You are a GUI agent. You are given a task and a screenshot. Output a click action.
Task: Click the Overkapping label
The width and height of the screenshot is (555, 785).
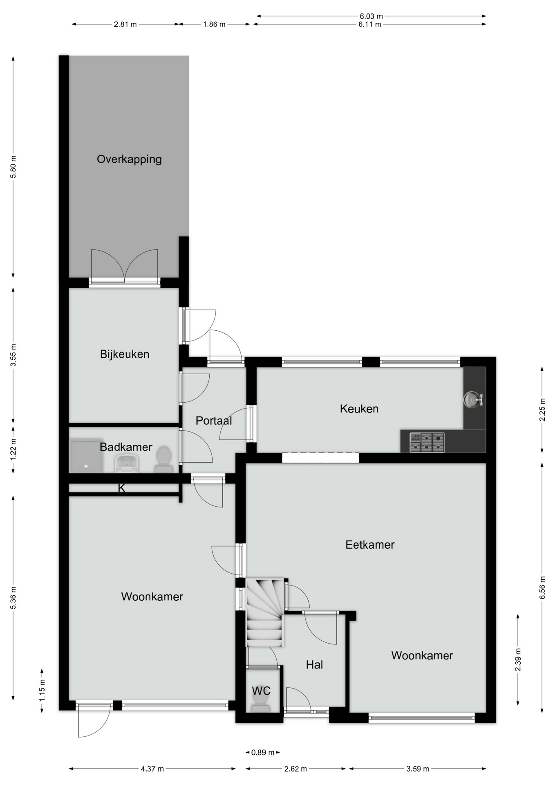129,159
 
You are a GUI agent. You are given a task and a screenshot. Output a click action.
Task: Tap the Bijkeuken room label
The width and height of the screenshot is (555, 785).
125,354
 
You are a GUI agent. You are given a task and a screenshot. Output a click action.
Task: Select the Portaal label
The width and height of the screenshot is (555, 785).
214,421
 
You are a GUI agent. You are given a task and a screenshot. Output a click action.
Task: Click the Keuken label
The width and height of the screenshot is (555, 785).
359,409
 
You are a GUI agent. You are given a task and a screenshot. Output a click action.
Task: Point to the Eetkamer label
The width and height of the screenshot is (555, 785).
370,545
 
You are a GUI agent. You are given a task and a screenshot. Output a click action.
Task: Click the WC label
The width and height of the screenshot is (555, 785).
261,691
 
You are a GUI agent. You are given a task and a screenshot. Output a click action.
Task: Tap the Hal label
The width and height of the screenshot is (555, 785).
314,665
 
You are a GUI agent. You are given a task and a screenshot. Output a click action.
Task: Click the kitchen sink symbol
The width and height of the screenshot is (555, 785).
473,399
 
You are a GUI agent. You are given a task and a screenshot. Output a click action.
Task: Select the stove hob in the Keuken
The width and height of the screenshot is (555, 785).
427,442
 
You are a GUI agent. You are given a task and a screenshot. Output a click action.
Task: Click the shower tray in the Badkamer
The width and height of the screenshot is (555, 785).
87,456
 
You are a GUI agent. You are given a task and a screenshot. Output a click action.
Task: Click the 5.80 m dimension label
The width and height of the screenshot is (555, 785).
13,167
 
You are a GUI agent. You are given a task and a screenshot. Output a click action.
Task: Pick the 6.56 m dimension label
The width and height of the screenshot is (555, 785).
542,588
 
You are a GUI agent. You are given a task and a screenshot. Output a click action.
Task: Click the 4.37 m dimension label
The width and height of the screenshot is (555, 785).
152,769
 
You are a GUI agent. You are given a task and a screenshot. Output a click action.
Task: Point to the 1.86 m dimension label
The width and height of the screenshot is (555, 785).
214,24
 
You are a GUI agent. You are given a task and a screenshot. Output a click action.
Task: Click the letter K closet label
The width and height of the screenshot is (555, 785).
121,488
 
